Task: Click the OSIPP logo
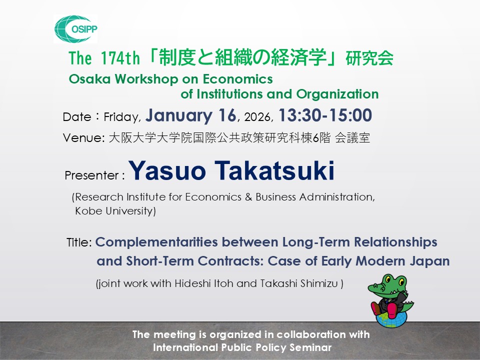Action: (75, 28)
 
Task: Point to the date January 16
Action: (190, 116)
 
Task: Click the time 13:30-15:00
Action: (325, 116)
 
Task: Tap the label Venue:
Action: (82, 138)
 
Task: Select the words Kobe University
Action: (115, 211)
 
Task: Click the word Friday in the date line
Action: (121, 117)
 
